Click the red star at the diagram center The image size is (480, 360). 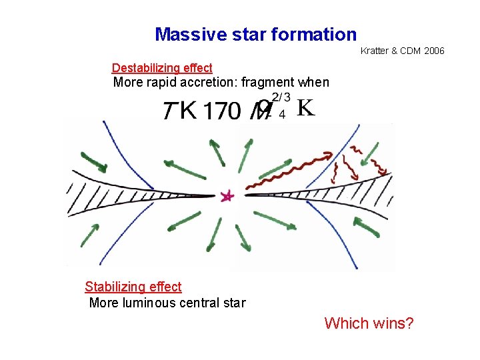[x=228, y=196]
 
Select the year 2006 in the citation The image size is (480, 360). [x=432, y=51]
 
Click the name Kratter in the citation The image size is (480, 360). [x=375, y=51]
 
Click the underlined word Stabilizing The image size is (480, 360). [x=114, y=287]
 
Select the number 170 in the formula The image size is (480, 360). [x=223, y=110]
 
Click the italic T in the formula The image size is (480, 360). [x=169, y=111]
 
